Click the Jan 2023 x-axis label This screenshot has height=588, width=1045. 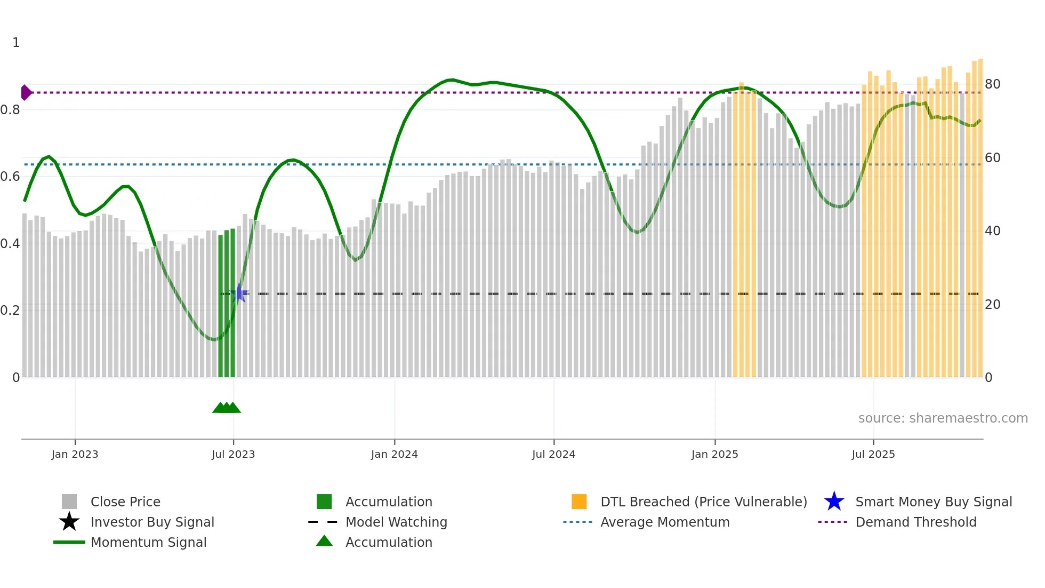tap(75, 454)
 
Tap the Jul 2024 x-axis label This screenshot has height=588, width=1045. tap(553, 454)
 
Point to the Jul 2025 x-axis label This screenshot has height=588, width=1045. tap(873, 454)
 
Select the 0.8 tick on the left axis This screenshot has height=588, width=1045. tap(11, 110)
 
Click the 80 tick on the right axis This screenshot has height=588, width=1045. tap(992, 84)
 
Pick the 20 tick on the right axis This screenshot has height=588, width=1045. tap(992, 305)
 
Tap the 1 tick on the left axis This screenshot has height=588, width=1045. tap(16, 43)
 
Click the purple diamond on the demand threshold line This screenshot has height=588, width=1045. tap(26, 92)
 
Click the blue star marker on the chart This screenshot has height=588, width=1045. tap(239, 293)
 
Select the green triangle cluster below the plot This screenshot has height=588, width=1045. tap(227, 408)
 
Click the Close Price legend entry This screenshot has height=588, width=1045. tap(125, 502)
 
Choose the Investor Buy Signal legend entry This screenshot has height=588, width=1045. tap(152, 522)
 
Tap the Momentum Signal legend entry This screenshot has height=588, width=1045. tap(148, 542)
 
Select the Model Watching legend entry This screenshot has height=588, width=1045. tap(396, 522)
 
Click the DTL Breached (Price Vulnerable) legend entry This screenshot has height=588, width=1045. tap(703, 502)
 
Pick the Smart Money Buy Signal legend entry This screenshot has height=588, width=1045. tap(933, 502)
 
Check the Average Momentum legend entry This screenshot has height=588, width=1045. tap(664, 522)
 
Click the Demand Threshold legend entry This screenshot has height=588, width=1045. tap(915, 522)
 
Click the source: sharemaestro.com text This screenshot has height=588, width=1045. tap(943, 418)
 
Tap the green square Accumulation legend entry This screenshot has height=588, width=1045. tap(388, 502)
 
